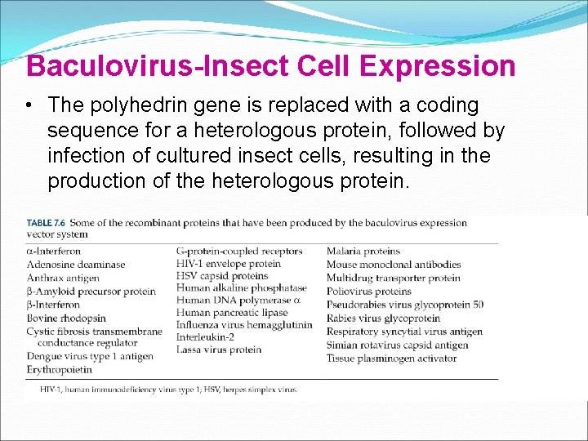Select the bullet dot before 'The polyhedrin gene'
pyautogui.click(x=29, y=105)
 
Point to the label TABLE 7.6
pyautogui.click(x=47, y=223)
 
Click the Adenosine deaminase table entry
pyautogui.click(x=76, y=265)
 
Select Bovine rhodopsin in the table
pyautogui.click(x=66, y=318)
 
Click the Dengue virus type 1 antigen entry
pyautogui.click(x=90, y=357)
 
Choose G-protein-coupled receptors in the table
pyautogui.click(x=239, y=252)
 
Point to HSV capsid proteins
pyautogui.click(x=222, y=276)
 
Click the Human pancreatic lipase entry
pyautogui.click(x=232, y=313)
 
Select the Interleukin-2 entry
pyautogui.click(x=206, y=337)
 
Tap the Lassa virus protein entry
pyautogui.click(x=219, y=350)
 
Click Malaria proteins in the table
pyautogui.click(x=363, y=252)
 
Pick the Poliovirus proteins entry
pyautogui.click(x=369, y=292)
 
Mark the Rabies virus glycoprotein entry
pyautogui.click(x=383, y=318)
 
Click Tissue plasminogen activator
pyautogui.click(x=392, y=358)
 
